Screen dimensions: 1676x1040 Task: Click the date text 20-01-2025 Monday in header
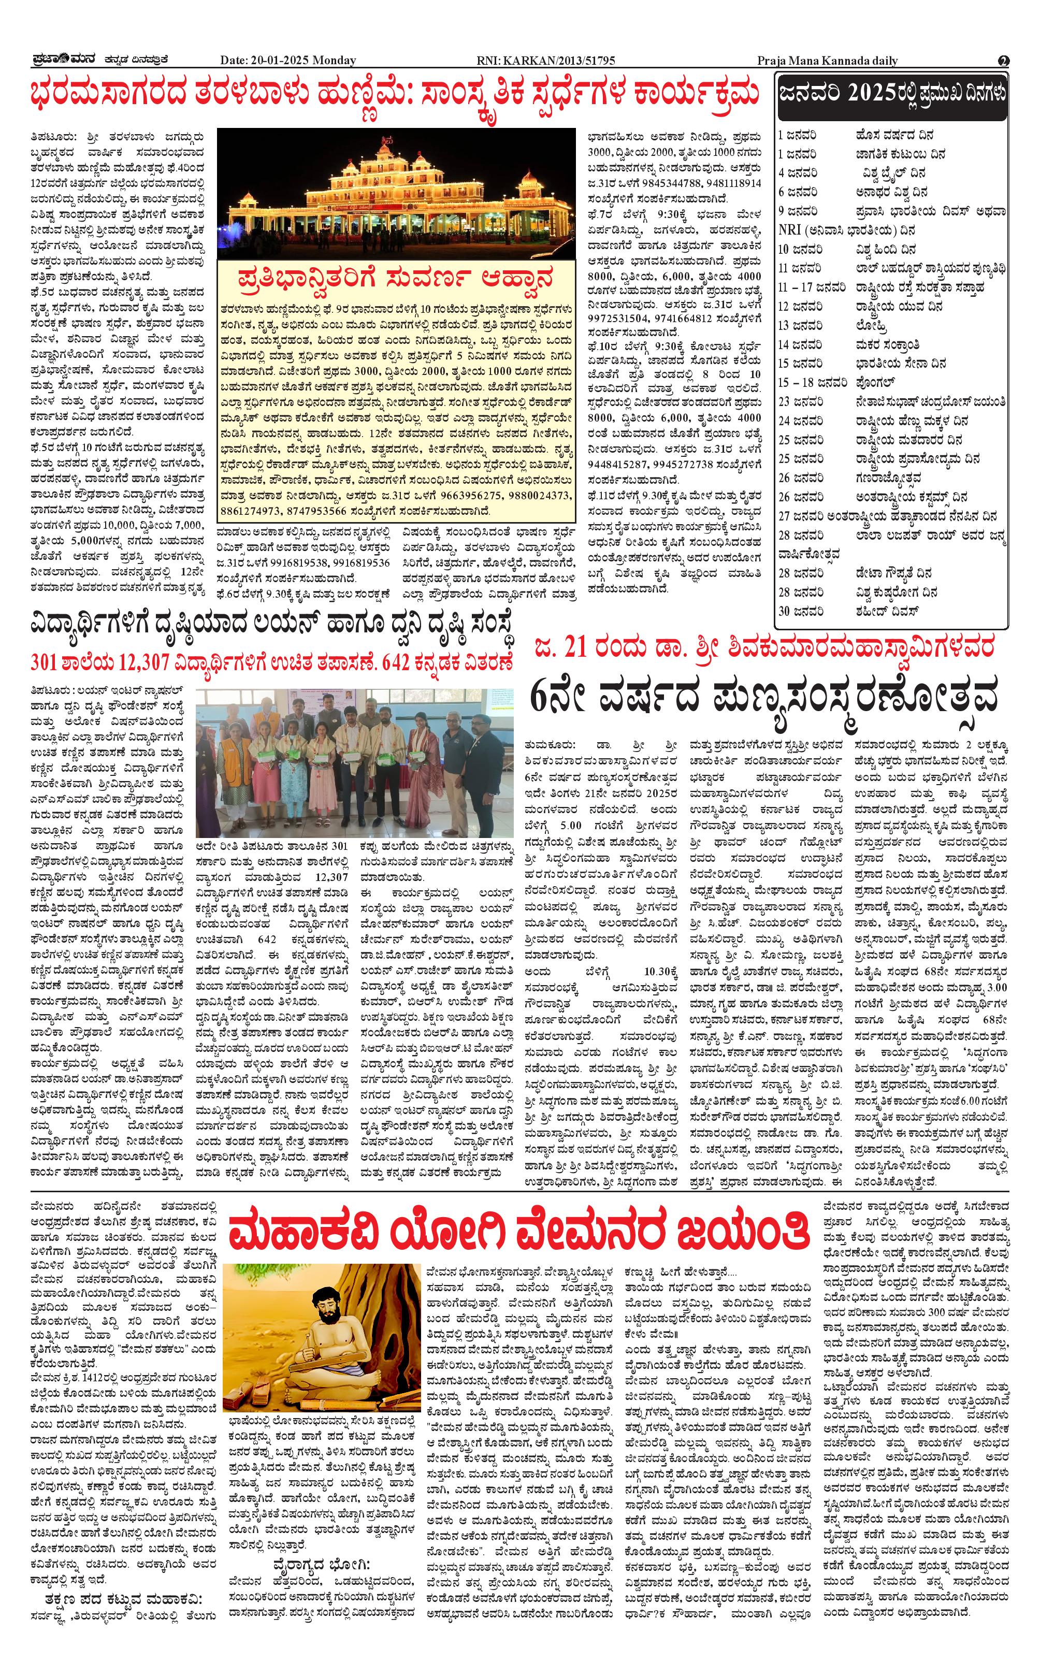pyautogui.click(x=288, y=61)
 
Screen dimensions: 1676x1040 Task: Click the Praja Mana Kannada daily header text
pyautogui.click(x=828, y=61)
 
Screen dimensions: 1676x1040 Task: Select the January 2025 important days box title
pyautogui.click(x=891, y=94)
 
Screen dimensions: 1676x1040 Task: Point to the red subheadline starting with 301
pyautogui.click(x=272, y=662)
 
